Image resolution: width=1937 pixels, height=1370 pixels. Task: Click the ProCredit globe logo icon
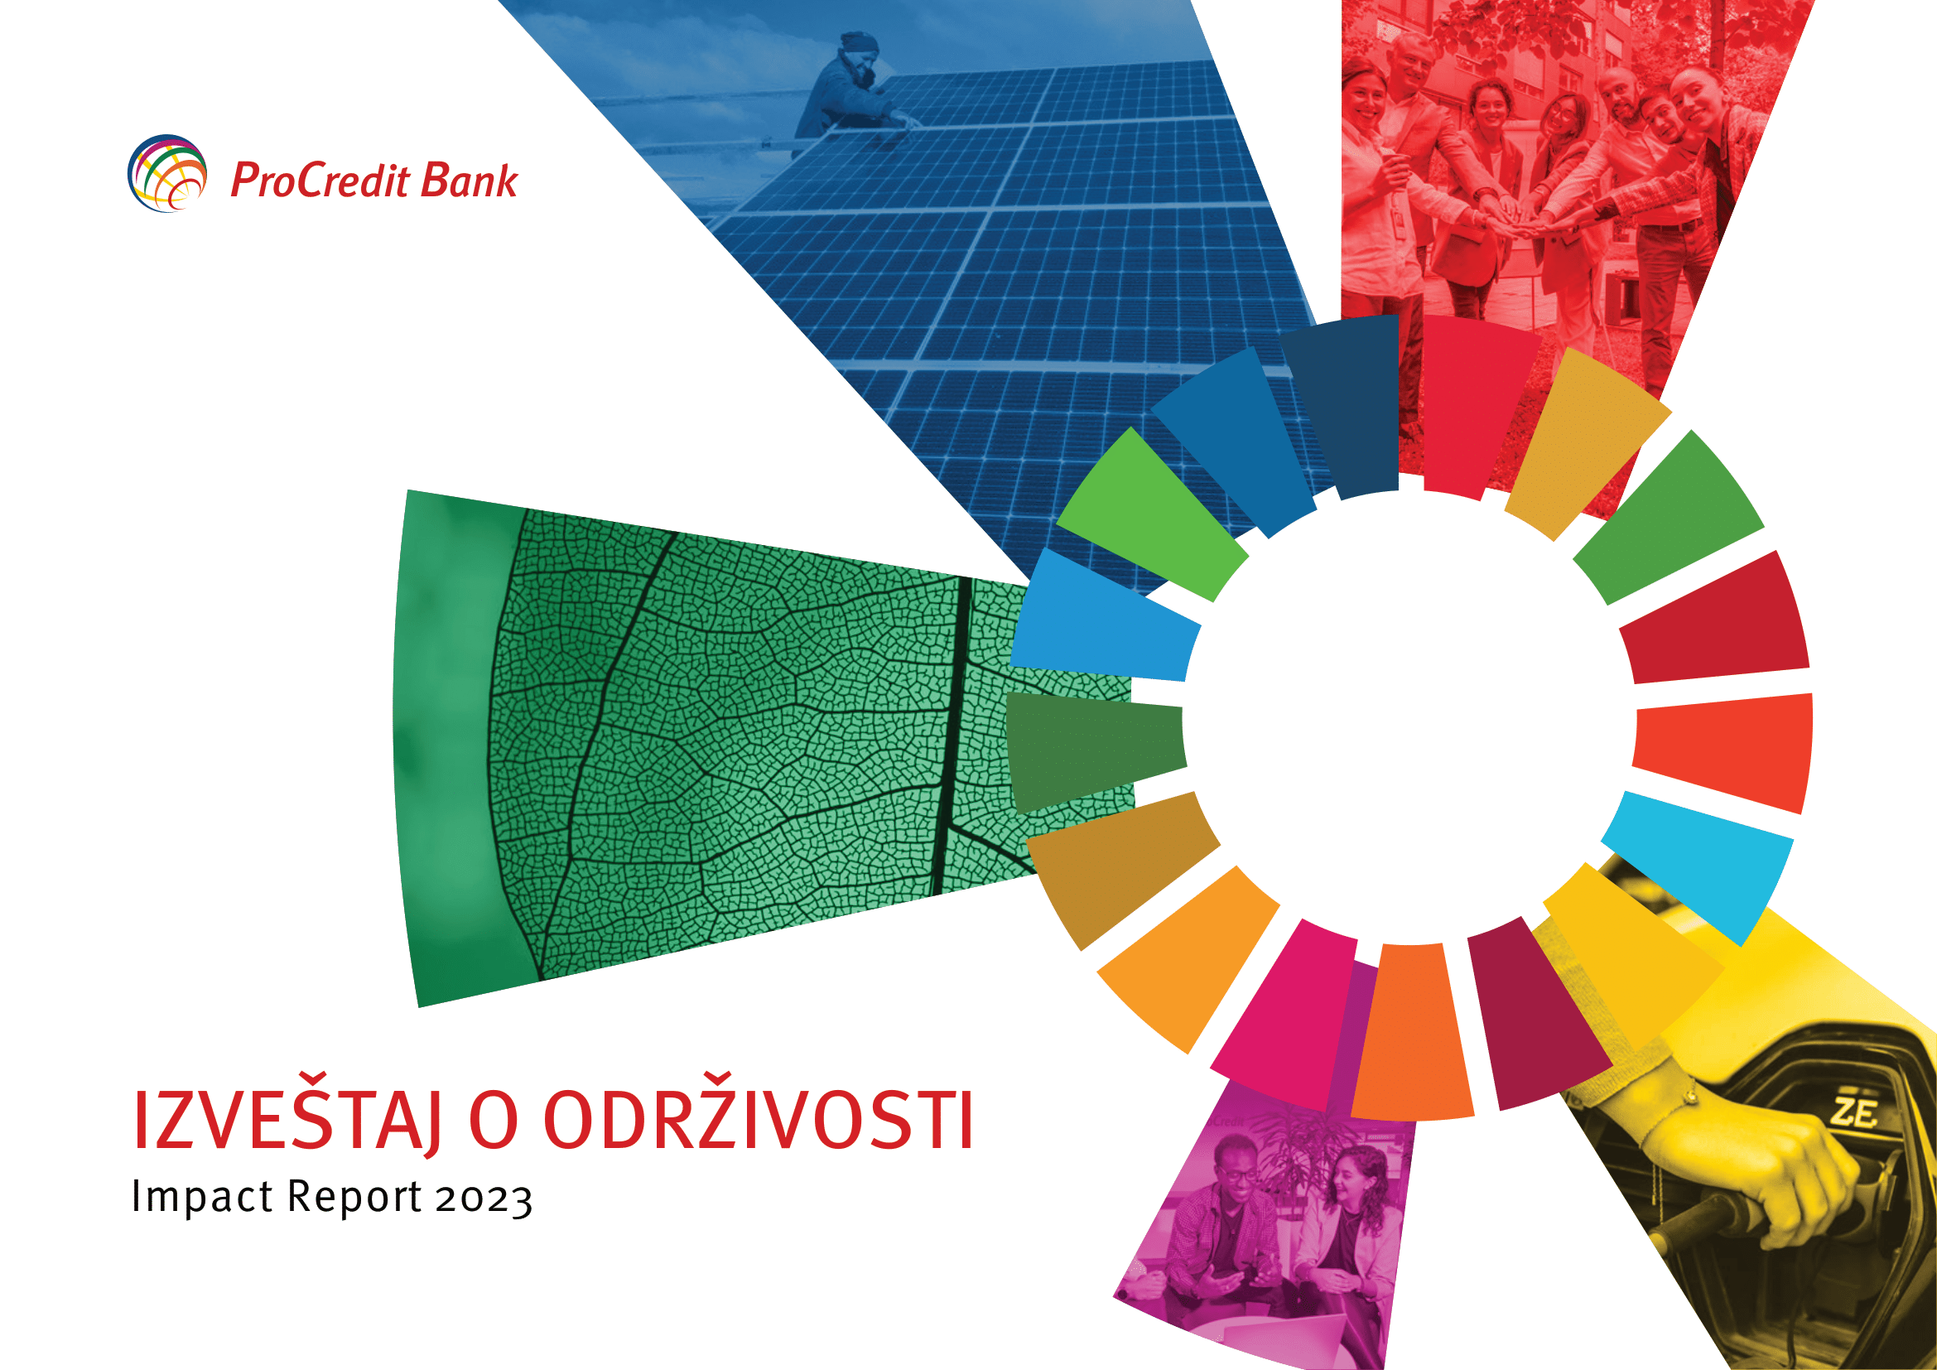click(x=167, y=173)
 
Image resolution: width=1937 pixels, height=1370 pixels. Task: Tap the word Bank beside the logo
click(x=469, y=181)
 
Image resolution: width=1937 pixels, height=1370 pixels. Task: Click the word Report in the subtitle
click(x=355, y=1198)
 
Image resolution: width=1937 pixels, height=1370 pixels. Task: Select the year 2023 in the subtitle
click(x=484, y=1199)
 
